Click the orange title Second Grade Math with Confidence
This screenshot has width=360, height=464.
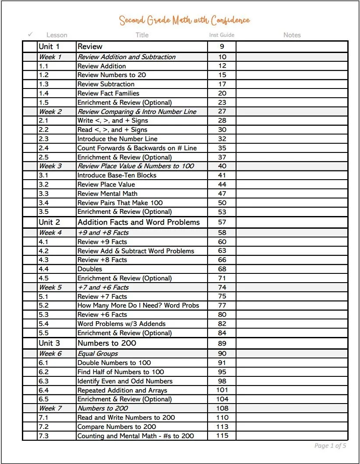[184, 20]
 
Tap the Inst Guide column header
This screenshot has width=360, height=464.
[222, 35]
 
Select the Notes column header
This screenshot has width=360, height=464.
[292, 35]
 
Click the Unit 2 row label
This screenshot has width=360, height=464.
[49, 222]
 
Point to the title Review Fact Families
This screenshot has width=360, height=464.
[108, 93]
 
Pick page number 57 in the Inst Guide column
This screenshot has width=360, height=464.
[222, 222]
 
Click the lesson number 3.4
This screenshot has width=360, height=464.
[43, 202]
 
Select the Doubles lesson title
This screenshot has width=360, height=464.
[90, 269]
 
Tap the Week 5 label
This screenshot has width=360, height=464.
[50, 287]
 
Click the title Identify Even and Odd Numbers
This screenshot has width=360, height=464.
[125, 381]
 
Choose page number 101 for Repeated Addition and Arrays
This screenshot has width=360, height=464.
[222, 390]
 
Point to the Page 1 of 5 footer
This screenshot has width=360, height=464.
[330, 446]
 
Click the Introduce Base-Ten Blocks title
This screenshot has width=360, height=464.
[116, 175]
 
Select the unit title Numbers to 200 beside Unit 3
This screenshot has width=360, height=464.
[106, 343]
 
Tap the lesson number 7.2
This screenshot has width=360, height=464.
[43, 426]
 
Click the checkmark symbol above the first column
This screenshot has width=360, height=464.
[30, 34]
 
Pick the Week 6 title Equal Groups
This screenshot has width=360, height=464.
[98, 354]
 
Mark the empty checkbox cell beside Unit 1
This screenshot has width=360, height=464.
[30, 46]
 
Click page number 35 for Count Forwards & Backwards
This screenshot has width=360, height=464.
[222, 148]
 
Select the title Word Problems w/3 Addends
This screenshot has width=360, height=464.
[121, 324]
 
